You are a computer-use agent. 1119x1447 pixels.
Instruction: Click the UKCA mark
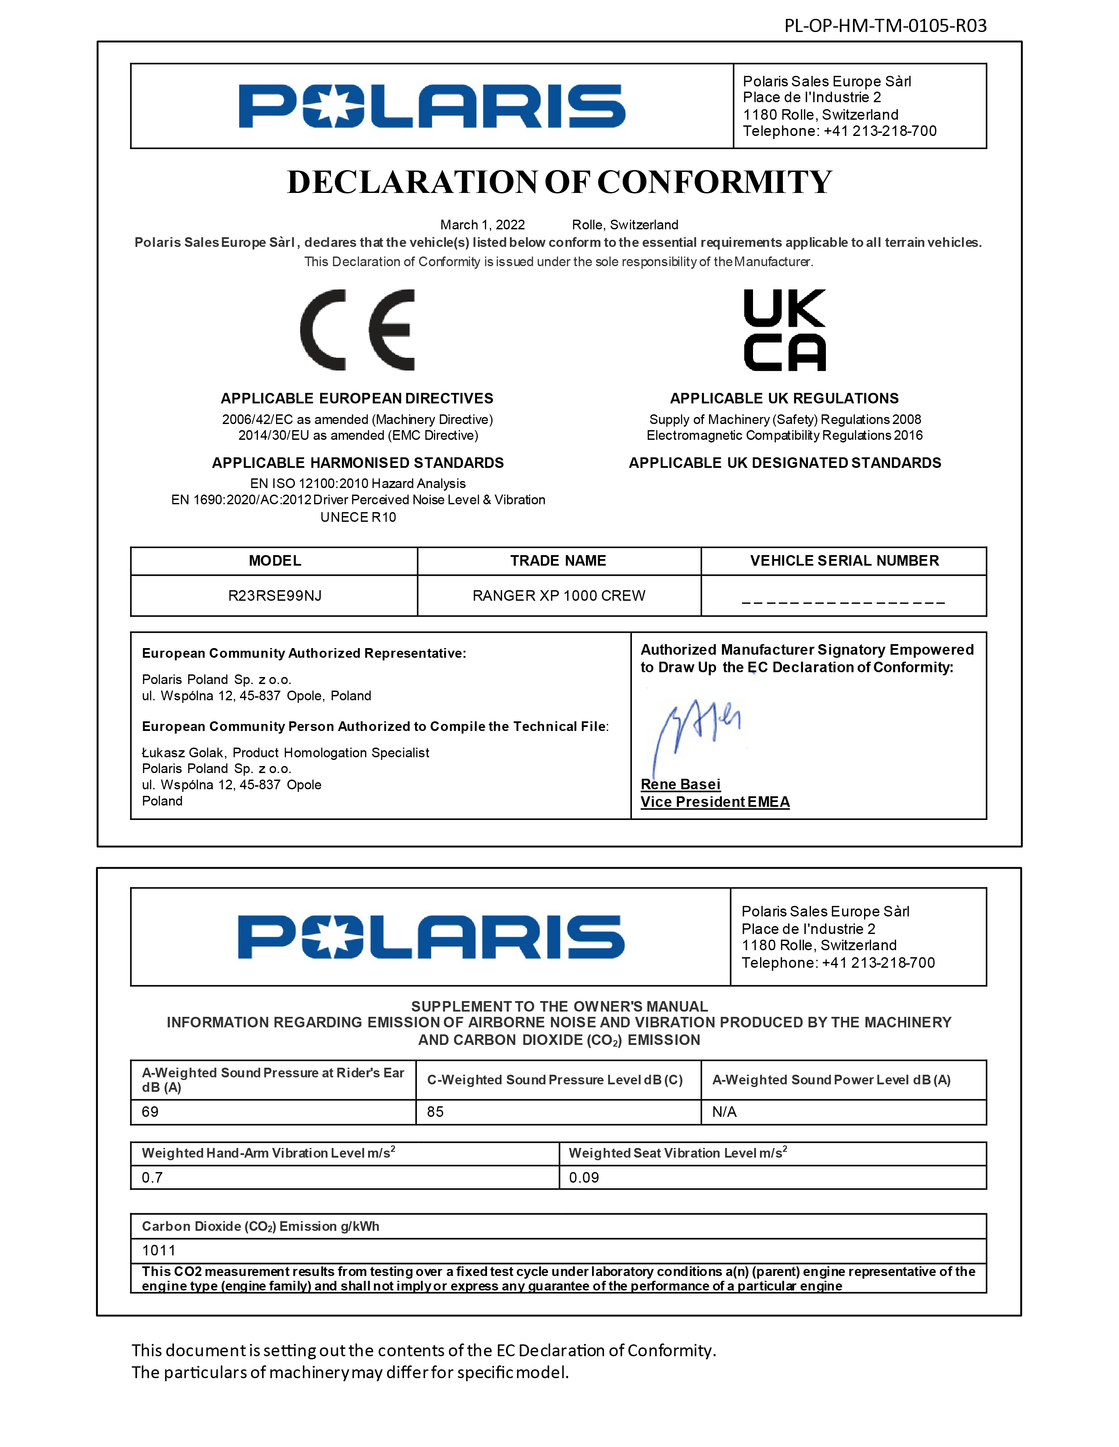coord(785,330)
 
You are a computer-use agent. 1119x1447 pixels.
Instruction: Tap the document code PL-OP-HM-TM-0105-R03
coord(885,26)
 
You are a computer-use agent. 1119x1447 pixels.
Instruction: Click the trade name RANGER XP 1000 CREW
coord(559,595)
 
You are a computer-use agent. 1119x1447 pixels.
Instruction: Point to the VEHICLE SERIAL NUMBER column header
coord(844,560)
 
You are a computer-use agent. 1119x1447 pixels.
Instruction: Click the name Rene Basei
coord(680,784)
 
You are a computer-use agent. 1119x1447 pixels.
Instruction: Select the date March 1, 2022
coord(483,225)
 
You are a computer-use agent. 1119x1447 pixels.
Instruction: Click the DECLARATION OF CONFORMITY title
coord(559,182)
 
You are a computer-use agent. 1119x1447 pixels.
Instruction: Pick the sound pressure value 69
coord(151,1112)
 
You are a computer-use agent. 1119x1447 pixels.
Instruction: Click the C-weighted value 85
coord(436,1112)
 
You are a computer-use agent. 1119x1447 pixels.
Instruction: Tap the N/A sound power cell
coord(724,1112)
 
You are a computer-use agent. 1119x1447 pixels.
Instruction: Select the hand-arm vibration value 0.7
coord(152,1177)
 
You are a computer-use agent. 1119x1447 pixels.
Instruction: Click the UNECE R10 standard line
coord(358,517)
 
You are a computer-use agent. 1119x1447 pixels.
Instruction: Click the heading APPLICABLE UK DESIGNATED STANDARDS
coord(785,463)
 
